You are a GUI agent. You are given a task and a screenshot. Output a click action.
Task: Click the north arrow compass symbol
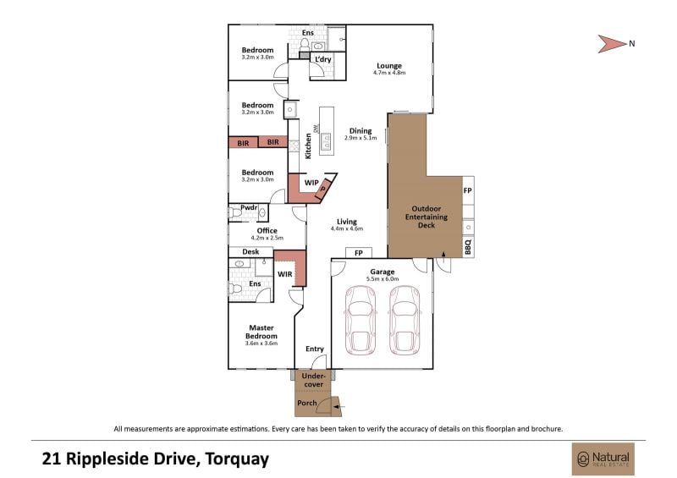point(611,44)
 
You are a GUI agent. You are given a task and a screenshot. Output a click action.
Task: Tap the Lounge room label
point(389,66)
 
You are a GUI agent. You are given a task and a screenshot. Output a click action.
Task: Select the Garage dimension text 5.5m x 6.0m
point(383,279)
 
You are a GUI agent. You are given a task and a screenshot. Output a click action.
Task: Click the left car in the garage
point(361,320)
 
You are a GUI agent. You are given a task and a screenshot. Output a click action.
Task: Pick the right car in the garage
point(405,320)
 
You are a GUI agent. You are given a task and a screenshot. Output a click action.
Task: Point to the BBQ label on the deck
point(468,247)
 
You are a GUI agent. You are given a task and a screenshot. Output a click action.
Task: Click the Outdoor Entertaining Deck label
point(427,217)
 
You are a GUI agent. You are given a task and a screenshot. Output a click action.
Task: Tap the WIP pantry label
point(311,183)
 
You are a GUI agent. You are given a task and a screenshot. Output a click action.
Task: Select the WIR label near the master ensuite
point(284,274)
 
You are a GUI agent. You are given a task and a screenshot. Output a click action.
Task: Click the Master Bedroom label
point(261,332)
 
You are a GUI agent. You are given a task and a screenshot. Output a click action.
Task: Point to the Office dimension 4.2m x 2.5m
point(267,238)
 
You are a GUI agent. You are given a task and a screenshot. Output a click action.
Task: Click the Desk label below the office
point(250,251)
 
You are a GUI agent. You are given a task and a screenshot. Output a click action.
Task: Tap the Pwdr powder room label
point(249,207)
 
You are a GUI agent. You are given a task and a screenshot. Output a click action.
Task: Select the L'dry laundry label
point(323,59)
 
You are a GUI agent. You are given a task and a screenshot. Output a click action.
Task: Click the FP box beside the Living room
point(358,253)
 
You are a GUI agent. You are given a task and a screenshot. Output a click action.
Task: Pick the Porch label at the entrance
point(307,403)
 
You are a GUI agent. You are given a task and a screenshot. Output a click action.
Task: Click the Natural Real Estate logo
point(603,459)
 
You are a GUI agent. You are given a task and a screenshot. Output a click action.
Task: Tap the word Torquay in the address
point(237,459)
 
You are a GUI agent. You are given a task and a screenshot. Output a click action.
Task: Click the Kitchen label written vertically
point(308,146)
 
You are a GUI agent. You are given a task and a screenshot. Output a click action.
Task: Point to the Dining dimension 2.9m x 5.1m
point(361,138)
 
